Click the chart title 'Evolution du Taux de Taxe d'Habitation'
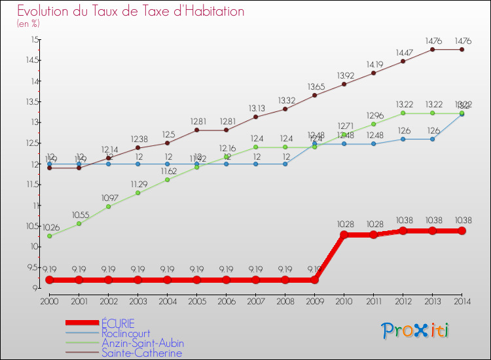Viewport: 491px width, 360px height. pyautogui.click(x=131, y=11)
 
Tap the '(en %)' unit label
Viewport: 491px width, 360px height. pyautogui.click(x=28, y=24)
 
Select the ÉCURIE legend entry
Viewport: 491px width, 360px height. pyautogui.click(x=118, y=323)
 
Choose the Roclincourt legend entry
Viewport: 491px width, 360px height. pyautogui.click(x=126, y=333)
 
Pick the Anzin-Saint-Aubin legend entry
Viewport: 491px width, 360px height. pyautogui.click(x=142, y=343)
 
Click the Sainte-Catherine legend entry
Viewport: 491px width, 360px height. pyautogui.click(x=141, y=353)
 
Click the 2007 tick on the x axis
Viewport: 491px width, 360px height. pyautogui.click(x=255, y=300)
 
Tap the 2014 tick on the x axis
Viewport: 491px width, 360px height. pyautogui.click(x=462, y=300)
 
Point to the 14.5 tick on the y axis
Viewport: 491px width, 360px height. pyautogui.click(x=31, y=60)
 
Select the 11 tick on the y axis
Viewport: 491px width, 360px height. pyautogui.click(x=34, y=206)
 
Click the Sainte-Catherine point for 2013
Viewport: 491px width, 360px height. pyautogui.click(x=432, y=49)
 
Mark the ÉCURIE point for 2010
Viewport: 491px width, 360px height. pyautogui.click(x=344, y=234)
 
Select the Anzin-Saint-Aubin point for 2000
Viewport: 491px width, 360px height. pyautogui.click(x=49, y=236)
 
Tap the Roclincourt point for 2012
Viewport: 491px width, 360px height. pyautogui.click(x=403, y=139)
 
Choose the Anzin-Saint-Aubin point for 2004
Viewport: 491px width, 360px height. pyautogui.click(x=167, y=179)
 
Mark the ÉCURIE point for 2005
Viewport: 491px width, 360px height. pyautogui.click(x=196, y=279)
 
